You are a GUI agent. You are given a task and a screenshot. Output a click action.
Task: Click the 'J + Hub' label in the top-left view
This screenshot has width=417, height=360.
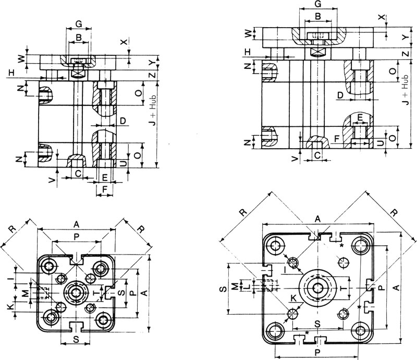tap(153, 111)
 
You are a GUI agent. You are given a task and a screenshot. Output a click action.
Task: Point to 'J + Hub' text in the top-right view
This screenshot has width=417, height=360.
tap(406, 90)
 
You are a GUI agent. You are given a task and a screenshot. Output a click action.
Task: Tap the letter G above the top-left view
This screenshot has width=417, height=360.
tap(79, 24)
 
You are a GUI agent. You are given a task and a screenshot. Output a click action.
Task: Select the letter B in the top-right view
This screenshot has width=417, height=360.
tap(318, 17)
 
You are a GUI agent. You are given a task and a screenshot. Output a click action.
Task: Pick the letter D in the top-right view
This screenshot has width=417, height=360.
tap(340, 95)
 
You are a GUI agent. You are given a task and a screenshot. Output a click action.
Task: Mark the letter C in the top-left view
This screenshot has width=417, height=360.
tap(78, 174)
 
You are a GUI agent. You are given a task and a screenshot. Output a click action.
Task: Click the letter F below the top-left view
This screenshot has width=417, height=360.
tap(105, 189)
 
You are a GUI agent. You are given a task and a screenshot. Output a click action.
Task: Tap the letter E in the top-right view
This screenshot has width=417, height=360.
tap(360, 117)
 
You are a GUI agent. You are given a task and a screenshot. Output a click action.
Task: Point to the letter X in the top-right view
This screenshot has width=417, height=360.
tap(382, 17)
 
